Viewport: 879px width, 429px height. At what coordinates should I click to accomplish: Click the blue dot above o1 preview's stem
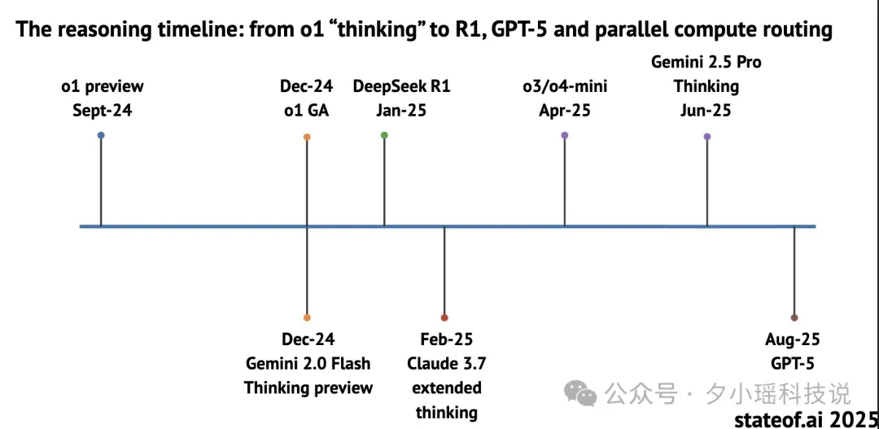101,135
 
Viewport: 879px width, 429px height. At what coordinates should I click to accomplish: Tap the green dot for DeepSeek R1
384,135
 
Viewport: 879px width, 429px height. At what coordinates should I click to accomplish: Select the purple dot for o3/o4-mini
565,135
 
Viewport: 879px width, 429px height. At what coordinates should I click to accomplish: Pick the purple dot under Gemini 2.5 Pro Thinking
707,136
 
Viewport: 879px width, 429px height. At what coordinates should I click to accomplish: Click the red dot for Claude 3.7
444,317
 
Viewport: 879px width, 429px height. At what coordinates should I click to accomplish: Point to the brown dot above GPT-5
794,317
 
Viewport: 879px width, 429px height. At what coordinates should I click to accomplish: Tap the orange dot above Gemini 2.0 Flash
307,317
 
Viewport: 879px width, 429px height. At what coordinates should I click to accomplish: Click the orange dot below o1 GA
307,137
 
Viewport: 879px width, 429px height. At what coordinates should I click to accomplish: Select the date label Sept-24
103,111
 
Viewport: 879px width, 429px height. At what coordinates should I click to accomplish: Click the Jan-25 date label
400,111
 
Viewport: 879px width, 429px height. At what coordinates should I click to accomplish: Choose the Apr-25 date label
565,111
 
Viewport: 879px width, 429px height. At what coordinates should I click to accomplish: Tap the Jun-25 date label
706,111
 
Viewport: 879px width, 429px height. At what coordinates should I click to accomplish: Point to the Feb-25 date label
447,339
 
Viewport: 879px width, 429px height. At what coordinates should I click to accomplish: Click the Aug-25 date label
792,339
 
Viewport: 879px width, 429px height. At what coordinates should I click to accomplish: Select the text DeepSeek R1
401,87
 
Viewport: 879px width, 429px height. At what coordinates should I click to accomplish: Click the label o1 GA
307,111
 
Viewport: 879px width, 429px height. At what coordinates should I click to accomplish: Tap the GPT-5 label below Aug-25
793,363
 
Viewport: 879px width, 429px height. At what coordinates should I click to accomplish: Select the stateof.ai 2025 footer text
806,419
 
